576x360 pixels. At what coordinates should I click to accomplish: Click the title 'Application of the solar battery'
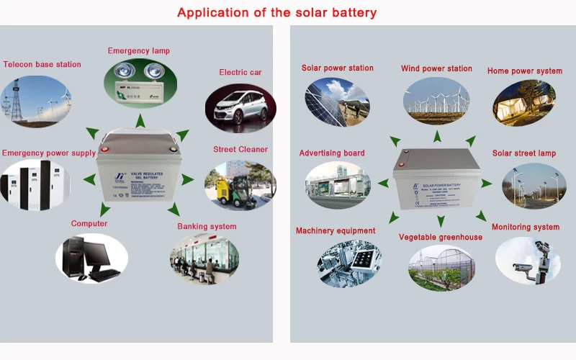[x=276, y=13]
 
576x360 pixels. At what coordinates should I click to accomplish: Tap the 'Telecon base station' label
[x=42, y=65]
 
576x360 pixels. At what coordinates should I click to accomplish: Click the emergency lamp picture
[x=139, y=86]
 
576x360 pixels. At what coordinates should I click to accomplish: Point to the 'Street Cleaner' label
[x=240, y=150]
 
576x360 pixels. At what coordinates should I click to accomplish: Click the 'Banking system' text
[x=207, y=227]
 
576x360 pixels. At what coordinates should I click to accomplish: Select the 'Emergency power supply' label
[x=49, y=153]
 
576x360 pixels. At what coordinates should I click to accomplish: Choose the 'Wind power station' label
[x=436, y=69]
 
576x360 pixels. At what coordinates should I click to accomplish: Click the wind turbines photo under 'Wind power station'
[x=436, y=102]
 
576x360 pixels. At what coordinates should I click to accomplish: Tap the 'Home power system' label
[x=524, y=71]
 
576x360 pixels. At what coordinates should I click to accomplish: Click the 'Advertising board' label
[x=332, y=153]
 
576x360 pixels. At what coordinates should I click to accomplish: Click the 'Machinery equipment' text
[x=336, y=231]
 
